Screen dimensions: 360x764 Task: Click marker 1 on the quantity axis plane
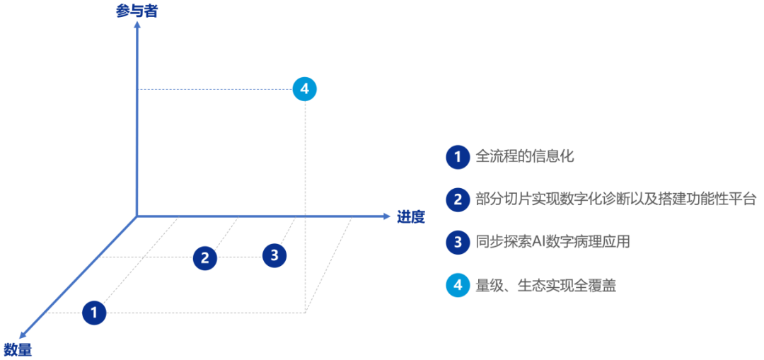[94, 312]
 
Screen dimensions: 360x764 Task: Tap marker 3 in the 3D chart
[274, 255]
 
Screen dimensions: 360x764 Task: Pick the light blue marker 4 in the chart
[304, 89]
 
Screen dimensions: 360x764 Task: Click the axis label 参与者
[137, 11]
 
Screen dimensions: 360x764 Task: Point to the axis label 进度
[411, 216]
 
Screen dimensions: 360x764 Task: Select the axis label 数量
[18, 349]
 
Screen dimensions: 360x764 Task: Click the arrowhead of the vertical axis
[137, 26]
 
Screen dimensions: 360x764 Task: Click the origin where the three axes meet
[137, 215]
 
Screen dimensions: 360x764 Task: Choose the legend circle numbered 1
[458, 157]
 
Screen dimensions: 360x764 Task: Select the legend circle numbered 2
[458, 199]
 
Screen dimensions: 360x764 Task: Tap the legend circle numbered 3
[458, 242]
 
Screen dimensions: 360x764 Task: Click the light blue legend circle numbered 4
[458, 285]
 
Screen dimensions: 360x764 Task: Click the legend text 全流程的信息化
[524, 156]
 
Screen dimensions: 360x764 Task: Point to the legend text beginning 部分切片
[616, 199]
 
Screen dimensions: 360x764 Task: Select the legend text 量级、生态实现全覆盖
[545, 285]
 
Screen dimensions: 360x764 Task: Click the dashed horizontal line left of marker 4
[212, 89]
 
